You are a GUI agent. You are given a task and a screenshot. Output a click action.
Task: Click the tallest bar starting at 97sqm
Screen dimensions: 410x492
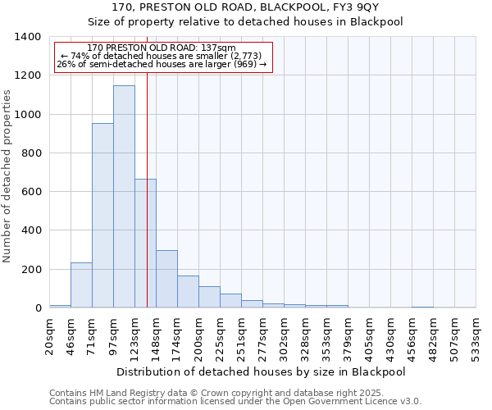124,197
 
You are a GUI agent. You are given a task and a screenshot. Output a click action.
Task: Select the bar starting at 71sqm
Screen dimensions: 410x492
102,216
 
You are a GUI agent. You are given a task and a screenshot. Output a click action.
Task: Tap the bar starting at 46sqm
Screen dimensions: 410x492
81,285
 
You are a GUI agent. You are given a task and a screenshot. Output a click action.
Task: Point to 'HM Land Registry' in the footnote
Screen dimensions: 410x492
123,393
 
